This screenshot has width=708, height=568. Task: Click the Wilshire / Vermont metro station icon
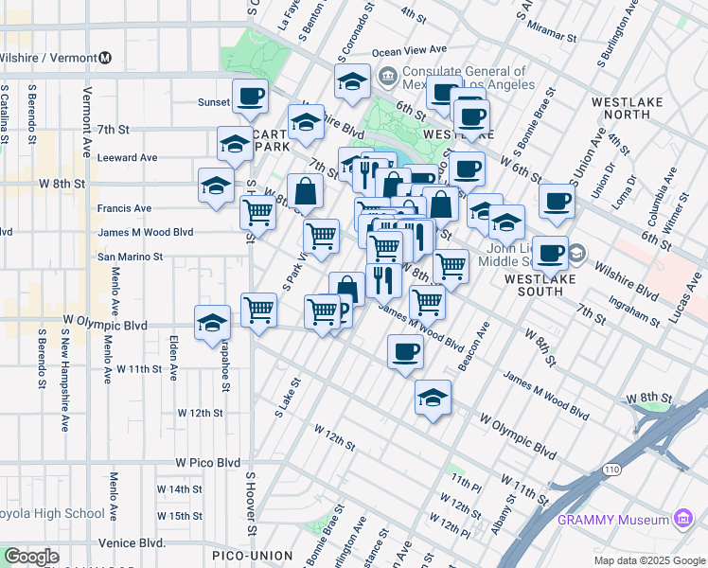pyautogui.click(x=106, y=57)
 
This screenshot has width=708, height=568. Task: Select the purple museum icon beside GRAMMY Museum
pyautogui.click(x=681, y=519)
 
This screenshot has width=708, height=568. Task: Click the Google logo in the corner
pyautogui.click(x=32, y=557)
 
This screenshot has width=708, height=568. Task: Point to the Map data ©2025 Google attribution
pyautogui.click(x=648, y=560)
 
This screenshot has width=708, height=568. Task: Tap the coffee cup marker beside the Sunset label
pyautogui.click(x=251, y=96)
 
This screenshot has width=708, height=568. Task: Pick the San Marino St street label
pyautogui.click(x=131, y=257)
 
